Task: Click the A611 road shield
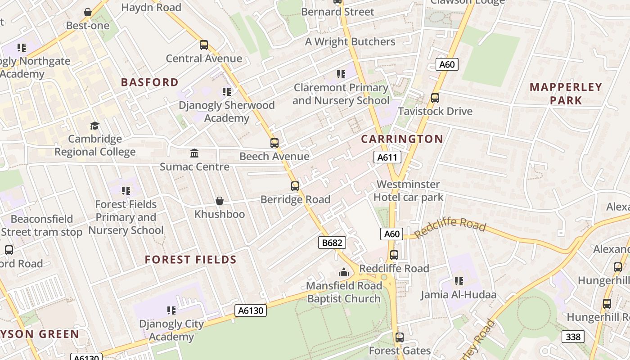(x=387, y=157)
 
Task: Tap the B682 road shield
(x=333, y=243)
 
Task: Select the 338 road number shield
(x=573, y=337)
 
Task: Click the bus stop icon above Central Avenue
(x=204, y=45)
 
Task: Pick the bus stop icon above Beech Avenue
(x=274, y=143)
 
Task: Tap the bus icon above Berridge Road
(x=295, y=186)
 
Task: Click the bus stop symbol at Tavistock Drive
(x=435, y=98)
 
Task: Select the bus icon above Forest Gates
(x=399, y=337)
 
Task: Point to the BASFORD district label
(x=150, y=82)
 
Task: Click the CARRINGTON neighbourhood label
(x=402, y=139)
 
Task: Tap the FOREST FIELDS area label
(x=191, y=260)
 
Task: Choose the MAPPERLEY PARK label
(x=566, y=94)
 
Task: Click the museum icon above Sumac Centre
(x=194, y=153)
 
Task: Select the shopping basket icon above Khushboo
(x=220, y=201)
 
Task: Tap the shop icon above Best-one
(x=88, y=12)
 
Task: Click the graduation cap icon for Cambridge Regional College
(x=94, y=126)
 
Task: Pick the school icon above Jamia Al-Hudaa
(x=459, y=281)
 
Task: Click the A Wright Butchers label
(x=350, y=42)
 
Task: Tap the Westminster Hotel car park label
(x=408, y=191)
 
